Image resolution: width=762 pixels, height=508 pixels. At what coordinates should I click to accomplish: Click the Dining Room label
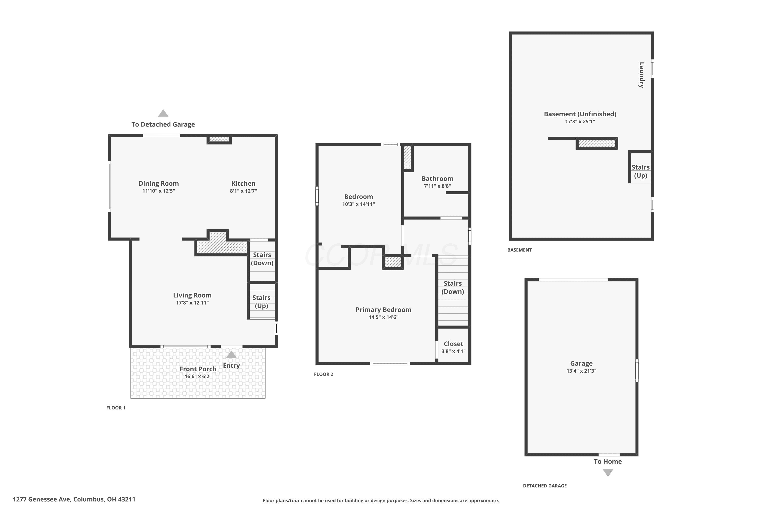pos(158,183)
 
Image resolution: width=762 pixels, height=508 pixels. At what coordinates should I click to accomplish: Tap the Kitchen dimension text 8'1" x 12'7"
pos(243,191)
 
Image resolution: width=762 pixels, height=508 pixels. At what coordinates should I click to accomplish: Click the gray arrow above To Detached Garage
pos(163,113)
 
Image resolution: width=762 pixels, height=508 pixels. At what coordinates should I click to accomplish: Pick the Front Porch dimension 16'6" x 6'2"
pos(198,376)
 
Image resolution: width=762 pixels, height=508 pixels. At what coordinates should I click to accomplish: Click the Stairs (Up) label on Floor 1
pos(261,302)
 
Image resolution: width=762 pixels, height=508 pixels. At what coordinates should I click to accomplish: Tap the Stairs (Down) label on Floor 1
pos(262,259)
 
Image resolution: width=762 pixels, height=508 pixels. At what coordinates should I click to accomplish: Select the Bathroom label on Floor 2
pos(437,179)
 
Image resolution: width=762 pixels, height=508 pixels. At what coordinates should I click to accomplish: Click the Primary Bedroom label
pos(384,310)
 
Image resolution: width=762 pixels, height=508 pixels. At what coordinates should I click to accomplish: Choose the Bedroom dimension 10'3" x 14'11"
pos(358,204)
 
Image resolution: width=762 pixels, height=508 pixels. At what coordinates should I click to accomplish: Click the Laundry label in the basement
pos(642,75)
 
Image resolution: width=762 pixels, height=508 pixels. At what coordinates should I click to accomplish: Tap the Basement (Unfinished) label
pos(580,114)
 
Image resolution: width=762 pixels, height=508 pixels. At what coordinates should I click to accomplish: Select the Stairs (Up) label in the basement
pos(641,171)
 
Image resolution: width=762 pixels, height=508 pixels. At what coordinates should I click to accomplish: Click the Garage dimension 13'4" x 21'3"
pos(581,371)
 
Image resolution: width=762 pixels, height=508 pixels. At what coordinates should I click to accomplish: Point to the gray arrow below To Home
pos(608,473)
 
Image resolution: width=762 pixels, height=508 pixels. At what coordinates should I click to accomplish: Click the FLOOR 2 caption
pos(323,374)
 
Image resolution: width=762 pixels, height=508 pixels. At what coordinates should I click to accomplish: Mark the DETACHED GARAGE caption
pos(545,486)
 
